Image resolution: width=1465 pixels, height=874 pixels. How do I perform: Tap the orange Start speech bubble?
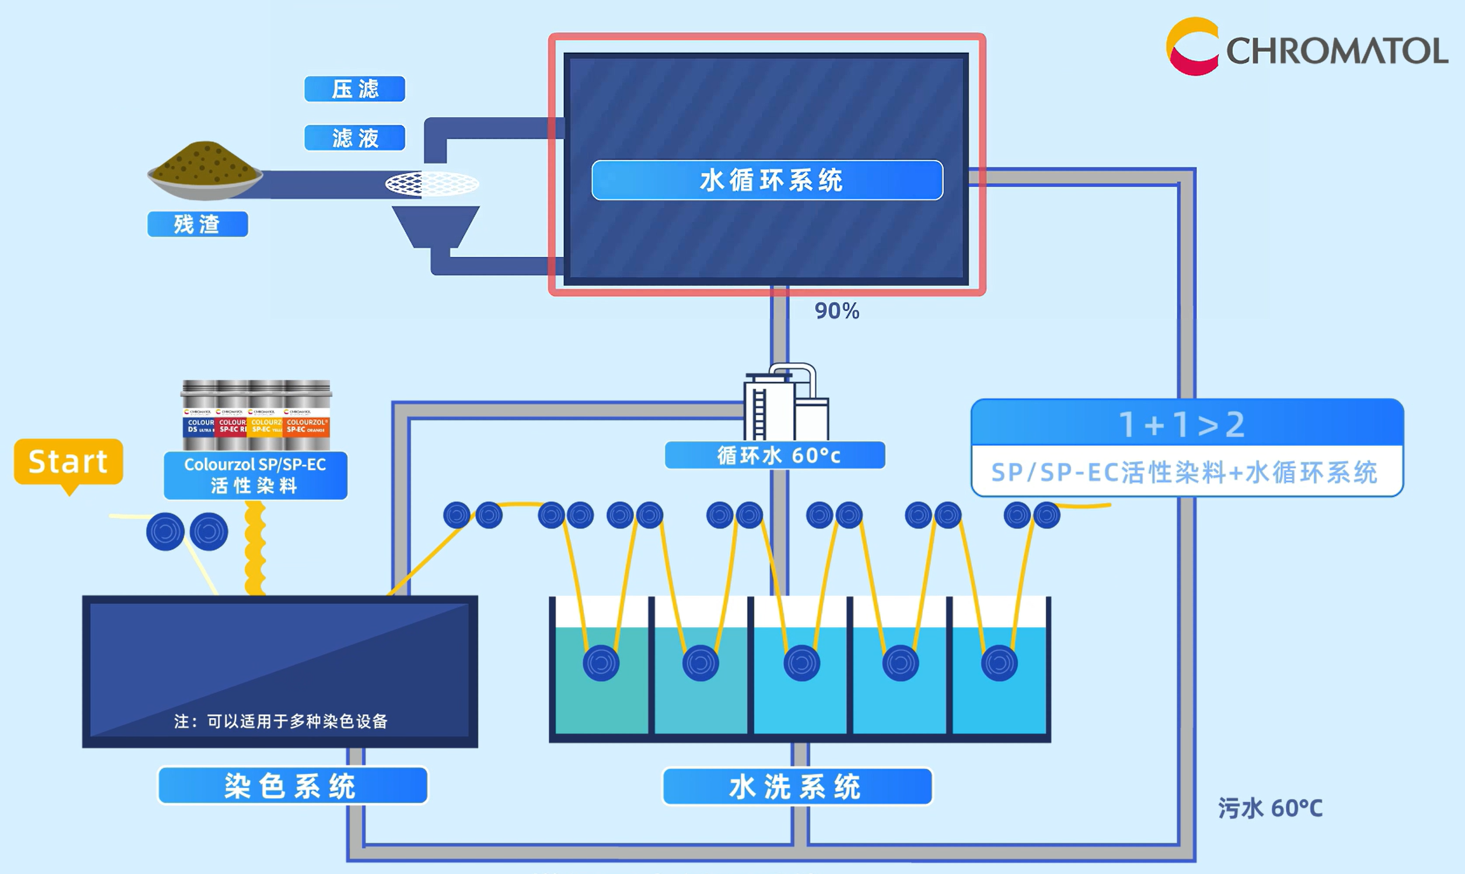(x=68, y=462)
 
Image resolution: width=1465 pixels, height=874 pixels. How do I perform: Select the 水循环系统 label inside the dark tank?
(x=767, y=180)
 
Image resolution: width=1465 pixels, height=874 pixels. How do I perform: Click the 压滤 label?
(x=355, y=89)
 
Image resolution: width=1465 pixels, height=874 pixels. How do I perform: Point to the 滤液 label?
(x=355, y=138)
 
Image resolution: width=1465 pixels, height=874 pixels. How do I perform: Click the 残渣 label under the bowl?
(x=197, y=224)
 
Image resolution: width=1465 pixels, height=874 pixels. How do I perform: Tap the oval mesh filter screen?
(x=432, y=184)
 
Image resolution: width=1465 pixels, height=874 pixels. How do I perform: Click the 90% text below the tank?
(x=837, y=311)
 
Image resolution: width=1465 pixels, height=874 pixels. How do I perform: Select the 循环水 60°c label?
(x=775, y=455)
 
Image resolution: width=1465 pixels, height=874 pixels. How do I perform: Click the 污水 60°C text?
(x=1270, y=808)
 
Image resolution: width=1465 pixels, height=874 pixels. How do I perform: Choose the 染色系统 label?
(x=292, y=786)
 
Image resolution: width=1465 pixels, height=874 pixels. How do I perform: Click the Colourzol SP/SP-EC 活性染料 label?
(x=255, y=475)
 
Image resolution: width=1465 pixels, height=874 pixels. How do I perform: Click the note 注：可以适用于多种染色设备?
(x=281, y=721)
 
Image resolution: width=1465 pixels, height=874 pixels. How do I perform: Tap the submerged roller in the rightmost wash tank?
(x=999, y=663)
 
